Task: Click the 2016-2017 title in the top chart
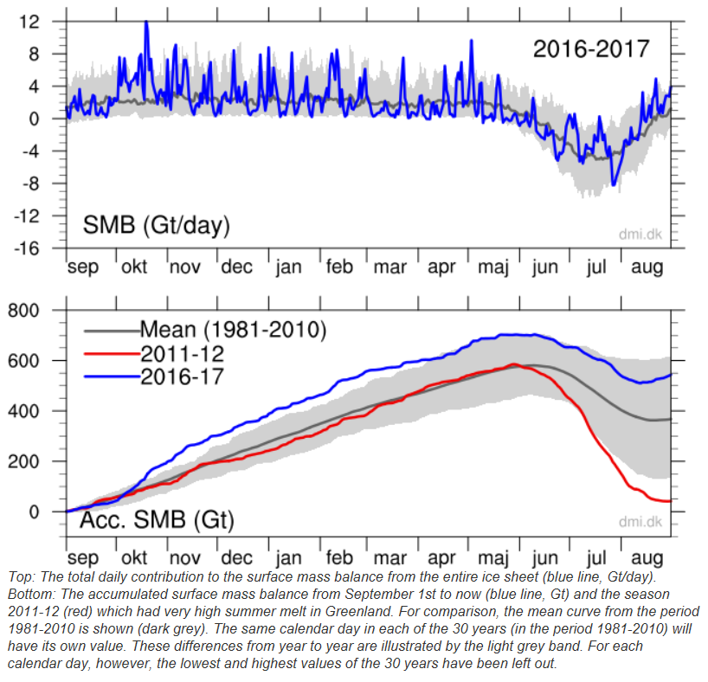coord(591,48)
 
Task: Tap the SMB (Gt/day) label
coord(157,225)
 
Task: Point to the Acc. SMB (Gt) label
coord(158,520)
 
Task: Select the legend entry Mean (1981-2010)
coord(205,330)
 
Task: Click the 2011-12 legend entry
coord(154,354)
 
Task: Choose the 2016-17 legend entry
coord(154,376)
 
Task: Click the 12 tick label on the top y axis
coord(29,22)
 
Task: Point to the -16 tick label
coord(27,248)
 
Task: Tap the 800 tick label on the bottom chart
coord(23,311)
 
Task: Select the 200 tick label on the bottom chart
coord(23,461)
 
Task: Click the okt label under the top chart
coord(134,267)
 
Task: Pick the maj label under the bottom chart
coord(493,559)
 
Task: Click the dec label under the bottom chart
coord(236,557)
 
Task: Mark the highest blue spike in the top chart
coord(146,23)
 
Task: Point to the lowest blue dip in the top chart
coord(613,183)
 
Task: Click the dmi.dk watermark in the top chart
coord(640,234)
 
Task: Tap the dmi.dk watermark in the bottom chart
coord(640,522)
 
